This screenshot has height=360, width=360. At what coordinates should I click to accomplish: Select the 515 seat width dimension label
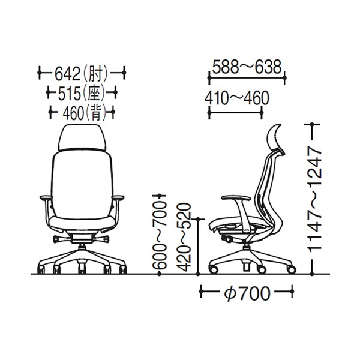[x=82, y=94]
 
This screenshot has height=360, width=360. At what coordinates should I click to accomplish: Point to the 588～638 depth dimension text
[x=247, y=67]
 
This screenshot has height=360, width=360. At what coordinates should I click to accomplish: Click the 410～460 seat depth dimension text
[x=237, y=98]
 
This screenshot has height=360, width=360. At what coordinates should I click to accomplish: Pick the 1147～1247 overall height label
[x=314, y=199]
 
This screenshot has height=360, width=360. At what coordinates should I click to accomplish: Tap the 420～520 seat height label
[x=184, y=237]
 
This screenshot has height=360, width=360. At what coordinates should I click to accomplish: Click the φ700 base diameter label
[x=247, y=293]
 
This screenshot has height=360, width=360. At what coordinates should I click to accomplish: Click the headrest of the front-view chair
[x=82, y=137]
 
